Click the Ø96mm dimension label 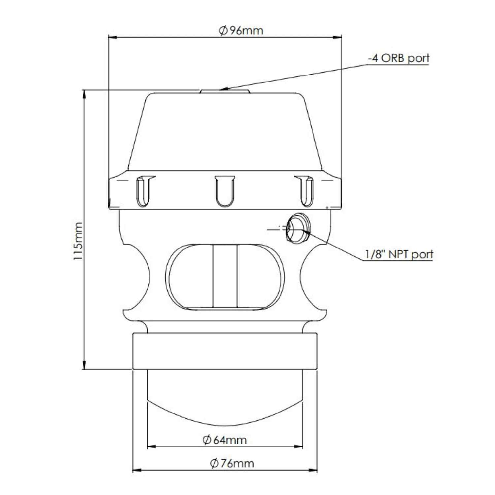(x=241, y=31)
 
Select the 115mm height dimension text (x=78, y=241)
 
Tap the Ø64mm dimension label (x=225, y=440)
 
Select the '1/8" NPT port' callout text (x=399, y=254)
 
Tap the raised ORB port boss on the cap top (x=225, y=91)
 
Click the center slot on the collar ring (x=225, y=191)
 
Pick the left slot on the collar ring (x=144, y=191)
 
